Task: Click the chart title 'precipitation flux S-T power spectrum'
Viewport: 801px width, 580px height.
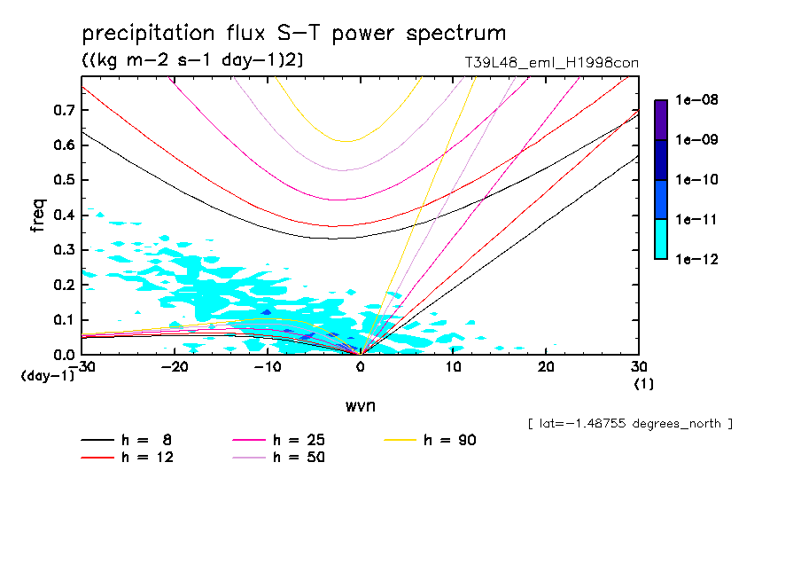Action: pos(294,34)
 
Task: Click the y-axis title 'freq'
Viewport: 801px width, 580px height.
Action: pos(38,215)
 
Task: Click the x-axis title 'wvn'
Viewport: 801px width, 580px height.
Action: pos(359,405)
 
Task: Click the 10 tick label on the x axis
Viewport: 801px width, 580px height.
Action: pos(453,368)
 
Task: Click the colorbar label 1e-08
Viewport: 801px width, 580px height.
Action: pos(697,100)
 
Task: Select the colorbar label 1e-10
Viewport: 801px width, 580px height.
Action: pos(697,180)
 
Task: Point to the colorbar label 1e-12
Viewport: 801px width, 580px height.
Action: pos(697,260)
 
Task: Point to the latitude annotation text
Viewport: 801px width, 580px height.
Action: pos(629,424)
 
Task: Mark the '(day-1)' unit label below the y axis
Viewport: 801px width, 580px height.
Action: pos(48,376)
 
